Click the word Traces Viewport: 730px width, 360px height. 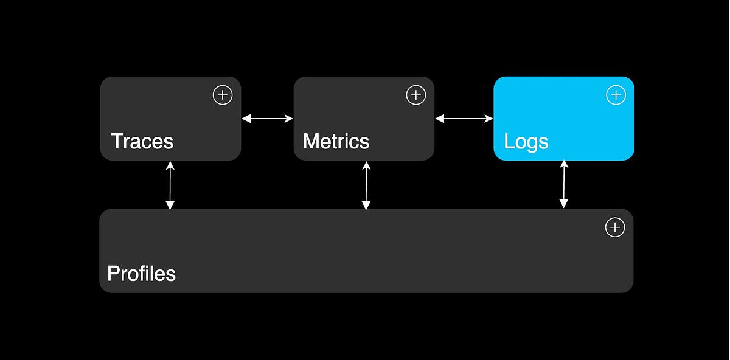point(142,142)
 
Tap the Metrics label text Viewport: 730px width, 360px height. point(336,142)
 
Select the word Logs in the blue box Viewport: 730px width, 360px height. point(526,142)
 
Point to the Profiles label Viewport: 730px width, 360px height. point(141,274)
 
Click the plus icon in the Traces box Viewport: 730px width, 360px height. point(223,95)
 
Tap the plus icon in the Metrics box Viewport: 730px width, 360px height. point(415,95)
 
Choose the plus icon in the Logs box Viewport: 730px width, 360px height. point(616,95)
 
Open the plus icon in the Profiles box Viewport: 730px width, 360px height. point(615,227)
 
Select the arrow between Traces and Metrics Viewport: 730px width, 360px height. point(267,119)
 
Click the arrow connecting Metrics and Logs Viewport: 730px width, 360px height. point(464,119)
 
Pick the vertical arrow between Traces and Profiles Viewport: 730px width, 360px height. point(170,185)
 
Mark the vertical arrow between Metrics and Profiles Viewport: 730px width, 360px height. point(366,185)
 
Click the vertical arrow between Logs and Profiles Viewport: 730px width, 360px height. point(564,184)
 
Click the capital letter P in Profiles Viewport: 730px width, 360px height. point(113,274)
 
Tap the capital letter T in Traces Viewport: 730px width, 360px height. point(116,142)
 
